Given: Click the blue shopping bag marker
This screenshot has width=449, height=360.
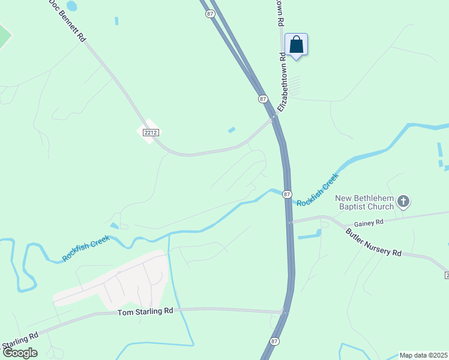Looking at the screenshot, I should pyautogui.click(x=296, y=45).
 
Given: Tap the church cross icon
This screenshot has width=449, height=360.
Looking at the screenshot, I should pyautogui.click(x=403, y=202).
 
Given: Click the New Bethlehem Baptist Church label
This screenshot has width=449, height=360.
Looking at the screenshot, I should pyautogui.click(x=364, y=202).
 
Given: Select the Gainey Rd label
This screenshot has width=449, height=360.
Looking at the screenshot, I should pyautogui.click(x=372, y=222).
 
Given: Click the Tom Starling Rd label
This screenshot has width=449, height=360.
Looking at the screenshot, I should pyautogui.click(x=145, y=312).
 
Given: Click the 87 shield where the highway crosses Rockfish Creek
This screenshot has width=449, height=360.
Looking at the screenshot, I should pyautogui.click(x=287, y=194).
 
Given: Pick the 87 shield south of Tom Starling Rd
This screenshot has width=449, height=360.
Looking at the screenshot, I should pyautogui.click(x=274, y=341).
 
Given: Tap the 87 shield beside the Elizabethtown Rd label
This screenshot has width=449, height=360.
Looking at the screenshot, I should pyautogui.click(x=262, y=98).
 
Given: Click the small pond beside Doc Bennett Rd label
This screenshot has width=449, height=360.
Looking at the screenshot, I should pyautogui.click(x=71, y=7).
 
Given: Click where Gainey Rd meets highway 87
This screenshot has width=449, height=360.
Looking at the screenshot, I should pyautogui.click(x=291, y=222).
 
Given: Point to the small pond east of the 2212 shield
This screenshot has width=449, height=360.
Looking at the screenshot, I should pyautogui.click(x=231, y=130).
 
